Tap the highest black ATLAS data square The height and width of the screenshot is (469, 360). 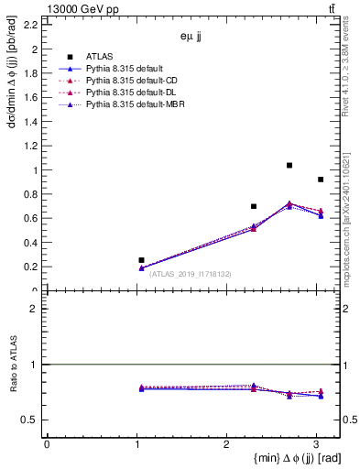click(289, 165)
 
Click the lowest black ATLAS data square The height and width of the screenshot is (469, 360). click(141, 260)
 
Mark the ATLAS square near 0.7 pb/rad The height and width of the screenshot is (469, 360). click(254, 206)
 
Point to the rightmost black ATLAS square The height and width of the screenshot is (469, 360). click(321, 180)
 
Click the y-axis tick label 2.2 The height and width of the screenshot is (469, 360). click(31, 25)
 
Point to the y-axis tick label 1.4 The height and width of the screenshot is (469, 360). click(31, 122)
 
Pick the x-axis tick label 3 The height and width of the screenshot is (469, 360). click(315, 444)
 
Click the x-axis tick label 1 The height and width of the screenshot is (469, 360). click(136, 444)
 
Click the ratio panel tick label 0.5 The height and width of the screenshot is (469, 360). click(31, 420)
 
